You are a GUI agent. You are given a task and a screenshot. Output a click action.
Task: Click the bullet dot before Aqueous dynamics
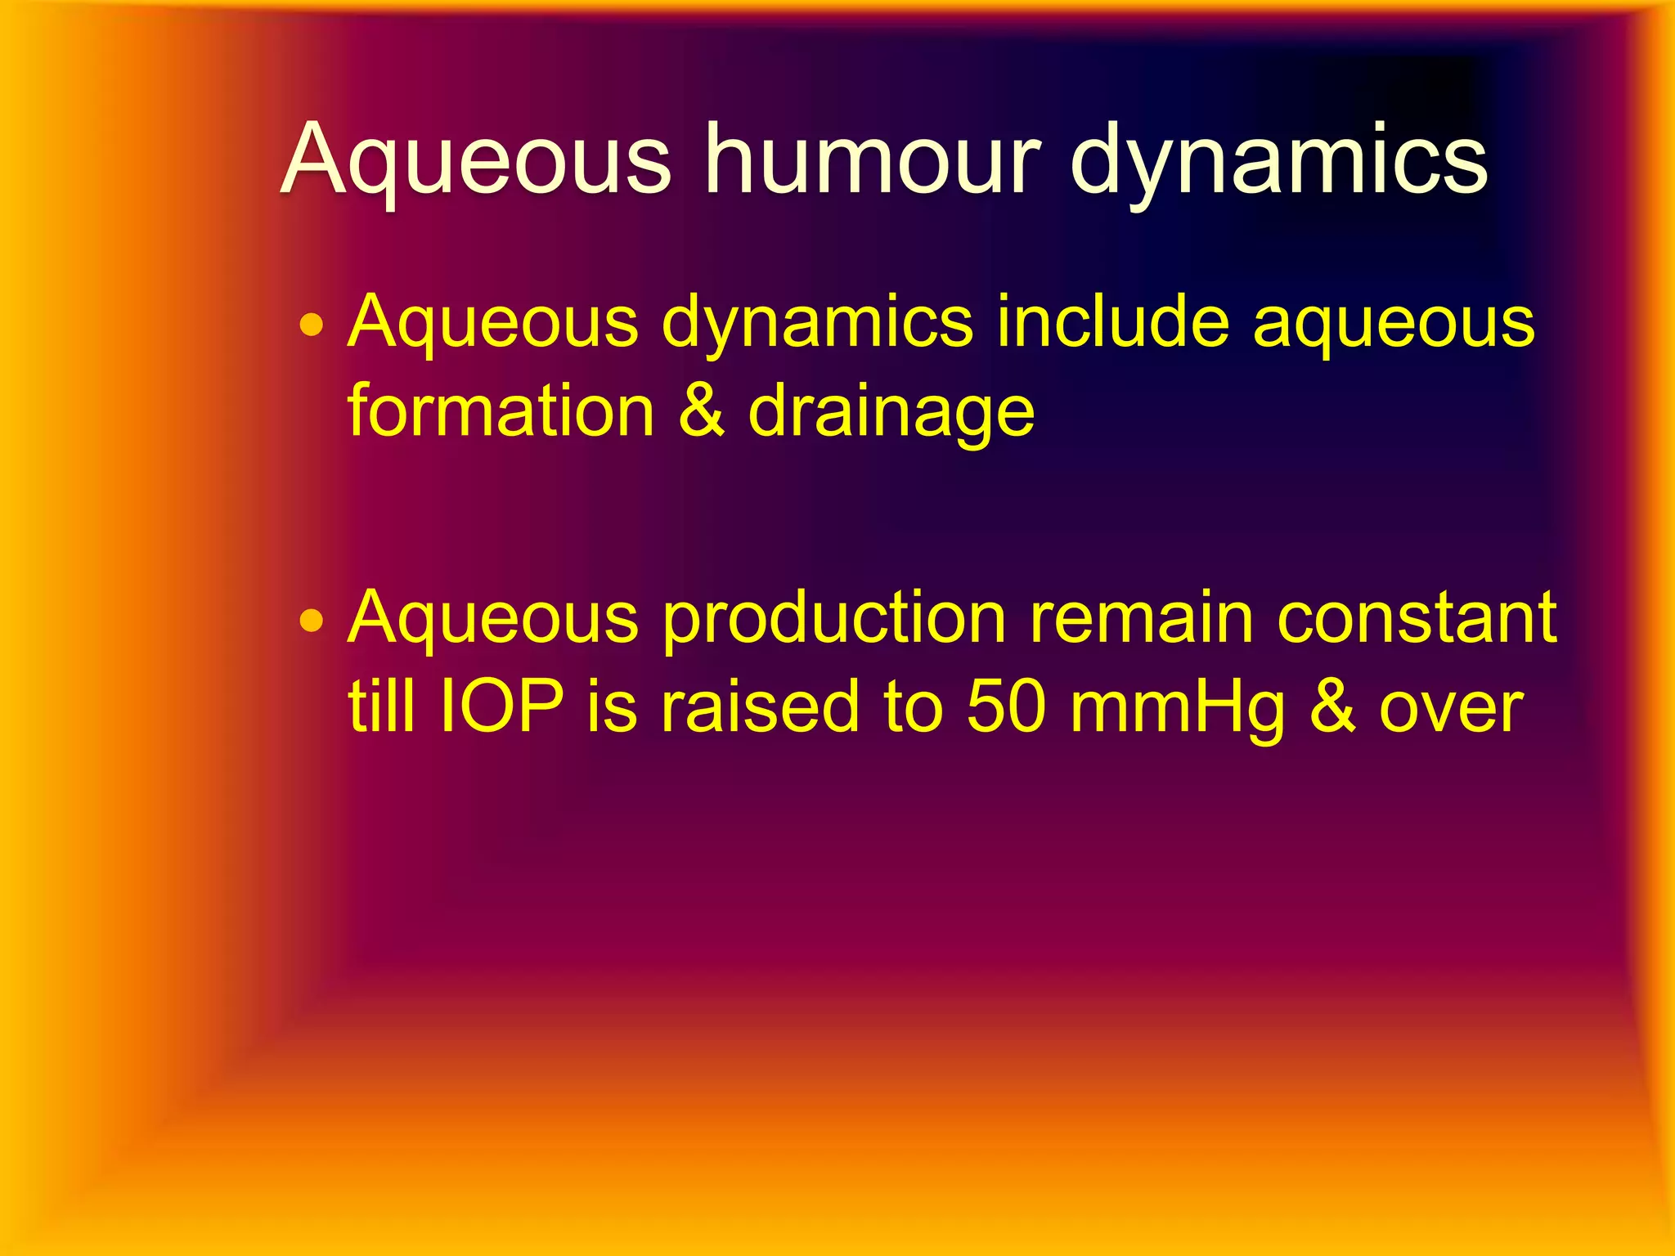click(312, 326)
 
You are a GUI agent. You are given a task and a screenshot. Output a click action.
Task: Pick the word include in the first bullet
click(1112, 321)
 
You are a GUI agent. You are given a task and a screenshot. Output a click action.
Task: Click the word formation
click(501, 410)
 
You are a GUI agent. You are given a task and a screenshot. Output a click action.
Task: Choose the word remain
click(1142, 617)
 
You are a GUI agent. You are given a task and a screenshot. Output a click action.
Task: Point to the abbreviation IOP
click(501, 706)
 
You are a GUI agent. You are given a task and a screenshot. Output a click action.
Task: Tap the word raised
click(760, 706)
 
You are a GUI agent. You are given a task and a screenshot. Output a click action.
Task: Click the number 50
click(1006, 706)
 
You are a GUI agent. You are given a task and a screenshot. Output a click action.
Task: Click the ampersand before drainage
click(701, 410)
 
